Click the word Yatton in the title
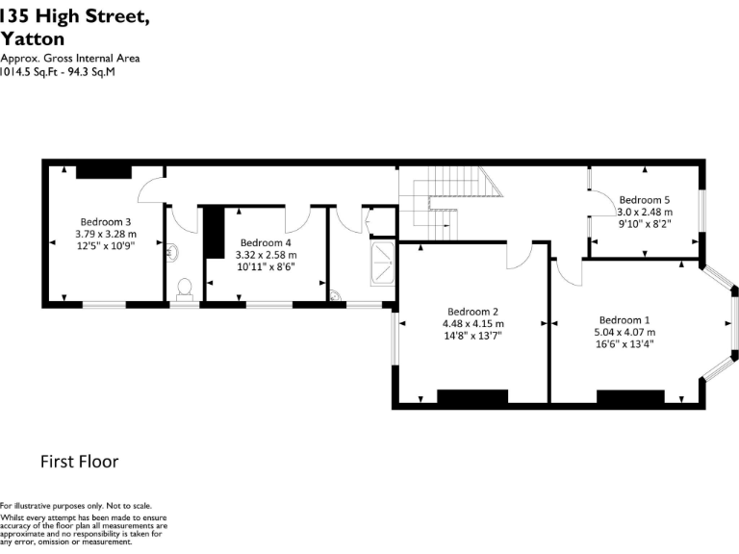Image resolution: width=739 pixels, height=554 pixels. click(x=33, y=39)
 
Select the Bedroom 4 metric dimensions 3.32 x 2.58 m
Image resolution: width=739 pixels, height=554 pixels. click(x=267, y=255)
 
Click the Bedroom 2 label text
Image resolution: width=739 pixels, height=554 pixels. click(x=472, y=311)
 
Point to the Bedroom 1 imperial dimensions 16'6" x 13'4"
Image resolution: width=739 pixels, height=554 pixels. click(x=626, y=345)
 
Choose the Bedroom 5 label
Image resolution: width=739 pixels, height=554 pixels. click(x=644, y=199)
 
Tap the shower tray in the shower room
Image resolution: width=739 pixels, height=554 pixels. click(x=382, y=258)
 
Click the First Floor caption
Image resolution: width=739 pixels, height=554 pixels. click(x=79, y=462)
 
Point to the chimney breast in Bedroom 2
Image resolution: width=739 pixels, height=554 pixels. click(x=472, y=396)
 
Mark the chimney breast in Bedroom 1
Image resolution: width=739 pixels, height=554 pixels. click(x=630, y=396)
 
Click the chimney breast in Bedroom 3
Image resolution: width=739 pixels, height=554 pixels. click(x=103, y=170)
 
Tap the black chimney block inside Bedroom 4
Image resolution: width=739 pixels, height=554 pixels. click(x=213, y=232)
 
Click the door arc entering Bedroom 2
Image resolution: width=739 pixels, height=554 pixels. click(x=520, y=256)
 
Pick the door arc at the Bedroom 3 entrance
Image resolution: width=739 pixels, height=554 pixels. click(x=150, y=189)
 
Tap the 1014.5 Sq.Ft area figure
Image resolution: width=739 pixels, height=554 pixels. click(x=27, y=70)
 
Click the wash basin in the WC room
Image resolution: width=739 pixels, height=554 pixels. click(x=172, y=252)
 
